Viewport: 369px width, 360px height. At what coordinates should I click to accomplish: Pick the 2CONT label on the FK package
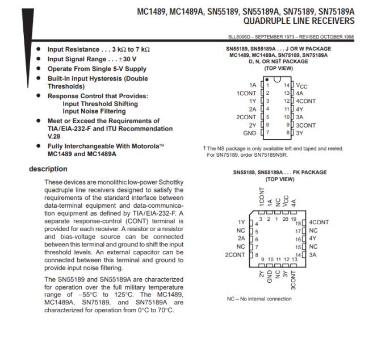point(235,254)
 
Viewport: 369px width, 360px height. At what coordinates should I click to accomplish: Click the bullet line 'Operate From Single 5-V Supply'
point(93,68)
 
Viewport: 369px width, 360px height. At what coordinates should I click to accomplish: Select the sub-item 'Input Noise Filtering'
point(100,112)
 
